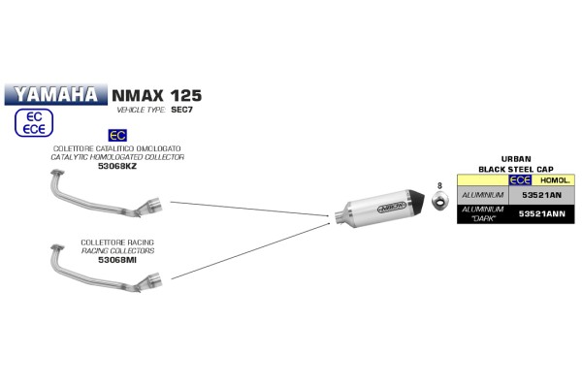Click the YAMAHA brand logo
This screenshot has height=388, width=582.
coord(56,95)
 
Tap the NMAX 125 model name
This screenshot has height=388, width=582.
coord(156,96)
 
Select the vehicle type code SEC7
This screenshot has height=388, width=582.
coord(181,110)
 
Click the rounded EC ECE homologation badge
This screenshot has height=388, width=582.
coord(34,123)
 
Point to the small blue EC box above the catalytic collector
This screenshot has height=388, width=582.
coord(117,136)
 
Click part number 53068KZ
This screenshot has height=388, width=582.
coord(117,166)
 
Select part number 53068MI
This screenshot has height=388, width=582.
coord(117,260)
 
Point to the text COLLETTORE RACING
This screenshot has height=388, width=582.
coord(117,242)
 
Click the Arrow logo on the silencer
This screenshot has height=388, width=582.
coord(391,208)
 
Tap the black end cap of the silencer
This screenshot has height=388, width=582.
coord(417,201)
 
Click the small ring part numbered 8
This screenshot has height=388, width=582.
coord(440,200)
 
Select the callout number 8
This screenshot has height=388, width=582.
coord(439,185)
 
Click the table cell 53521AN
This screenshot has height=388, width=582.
coord(541,195)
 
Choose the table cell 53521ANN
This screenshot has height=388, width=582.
coord(541,213)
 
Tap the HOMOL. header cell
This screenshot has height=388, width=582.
coord(554,180)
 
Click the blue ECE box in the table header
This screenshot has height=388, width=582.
coord(520,180)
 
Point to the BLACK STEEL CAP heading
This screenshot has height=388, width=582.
coord(516,170)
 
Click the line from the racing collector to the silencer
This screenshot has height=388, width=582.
coord(250,251)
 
